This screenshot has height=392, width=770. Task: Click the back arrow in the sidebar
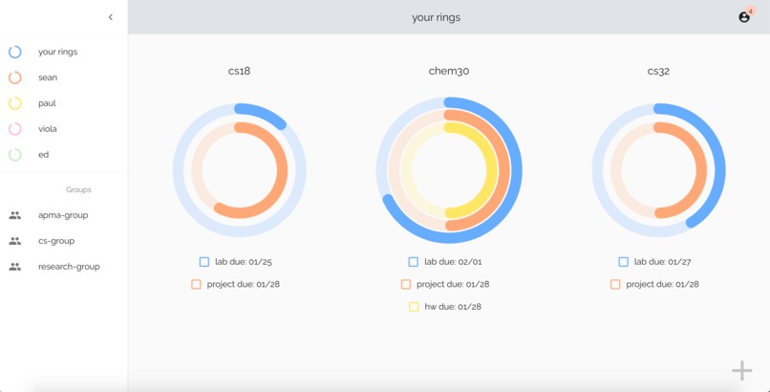pos(111,17)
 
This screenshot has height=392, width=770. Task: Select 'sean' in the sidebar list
pos(48,77)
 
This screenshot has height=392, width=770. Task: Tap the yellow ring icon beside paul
pos(15,103)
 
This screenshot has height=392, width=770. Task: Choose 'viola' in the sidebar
pos(48,129)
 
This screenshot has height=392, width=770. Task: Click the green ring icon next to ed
pos(15,154)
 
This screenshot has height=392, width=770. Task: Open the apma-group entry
pos(63,215)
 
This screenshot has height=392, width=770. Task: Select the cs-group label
pos(56,241)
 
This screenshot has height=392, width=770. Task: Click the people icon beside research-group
pos(15,267)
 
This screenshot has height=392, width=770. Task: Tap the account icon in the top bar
pos(744,17)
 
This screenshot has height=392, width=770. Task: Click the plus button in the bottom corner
pos(742,371)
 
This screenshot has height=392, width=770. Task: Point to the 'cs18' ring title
pos(239,71)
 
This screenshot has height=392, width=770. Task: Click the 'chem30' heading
pos(449,71)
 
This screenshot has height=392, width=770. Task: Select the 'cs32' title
pos(658,71)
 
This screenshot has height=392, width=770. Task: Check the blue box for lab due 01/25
pos(204,261)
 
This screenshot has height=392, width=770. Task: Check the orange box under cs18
pos(196,284)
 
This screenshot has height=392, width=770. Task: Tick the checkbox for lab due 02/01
pos(414,261)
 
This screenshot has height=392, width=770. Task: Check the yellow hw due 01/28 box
pos(414,307)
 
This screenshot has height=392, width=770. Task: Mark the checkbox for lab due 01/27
pos(623,261)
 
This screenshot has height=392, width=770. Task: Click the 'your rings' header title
pos(436,17)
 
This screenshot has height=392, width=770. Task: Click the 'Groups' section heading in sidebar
pos(78,189)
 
